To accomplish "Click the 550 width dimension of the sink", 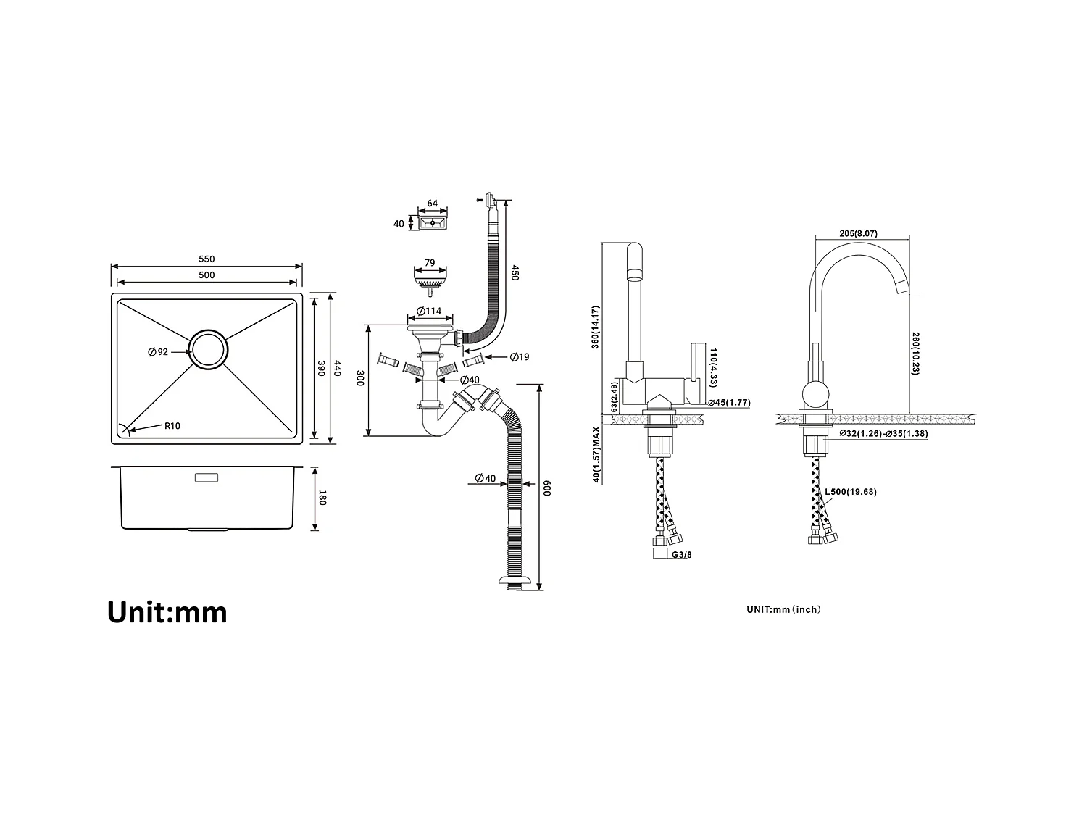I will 207,259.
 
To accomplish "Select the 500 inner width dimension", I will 207,275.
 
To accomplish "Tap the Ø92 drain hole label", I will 158,352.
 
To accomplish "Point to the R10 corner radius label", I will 172,426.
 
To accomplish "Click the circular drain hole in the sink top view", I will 209,351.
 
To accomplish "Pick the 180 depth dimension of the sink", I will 323,498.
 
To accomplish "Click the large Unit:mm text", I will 167,612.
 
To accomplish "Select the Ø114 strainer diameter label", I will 429,312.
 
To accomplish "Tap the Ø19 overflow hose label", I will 519,356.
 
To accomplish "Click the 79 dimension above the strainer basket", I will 429,263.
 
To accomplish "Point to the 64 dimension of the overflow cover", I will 433,204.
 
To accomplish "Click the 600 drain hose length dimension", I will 548,488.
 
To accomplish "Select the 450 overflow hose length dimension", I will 515,273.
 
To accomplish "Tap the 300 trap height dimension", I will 359,380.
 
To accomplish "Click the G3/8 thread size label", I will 682,555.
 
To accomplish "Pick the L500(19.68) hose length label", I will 851,492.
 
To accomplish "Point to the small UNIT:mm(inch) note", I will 783,609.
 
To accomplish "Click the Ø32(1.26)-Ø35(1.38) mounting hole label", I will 883,434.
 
